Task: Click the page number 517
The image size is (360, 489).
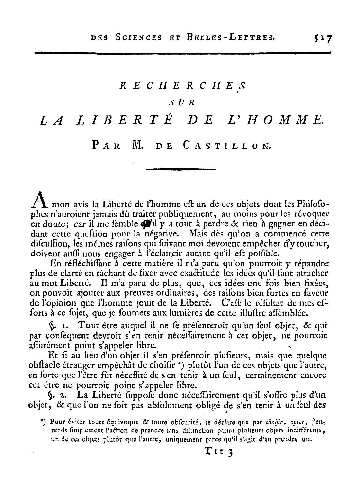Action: click(322, 37)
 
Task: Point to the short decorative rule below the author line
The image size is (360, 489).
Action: click(181, 169)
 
